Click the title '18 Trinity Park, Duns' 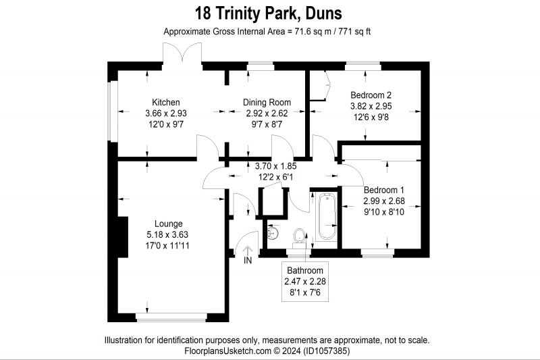pyautogui.click(x=268, y=13)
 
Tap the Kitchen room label pyautogui.click(x=165, y=102)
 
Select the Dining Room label pyautogui.click(x=267, y=102)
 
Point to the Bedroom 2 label pyautogui.click(x=371, y=95)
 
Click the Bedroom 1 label pyautogui.click(x=383, y=190)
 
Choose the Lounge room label pyautogui.click(x=168, y=224)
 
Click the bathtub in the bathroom pyautogui.click(x=326, y=216)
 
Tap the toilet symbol pyautogui.click(x=298, y=236)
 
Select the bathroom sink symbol pyautogui.click(x=273, y=232)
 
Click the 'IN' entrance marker pyautogui.click(x=247, y=260)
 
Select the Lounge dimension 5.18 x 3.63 pyautogui.click(x=168, y=234)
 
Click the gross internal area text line pyautogui.click(x=269, y=32)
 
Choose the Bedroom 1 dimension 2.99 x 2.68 pyautogui.click(x=383, y=201)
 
